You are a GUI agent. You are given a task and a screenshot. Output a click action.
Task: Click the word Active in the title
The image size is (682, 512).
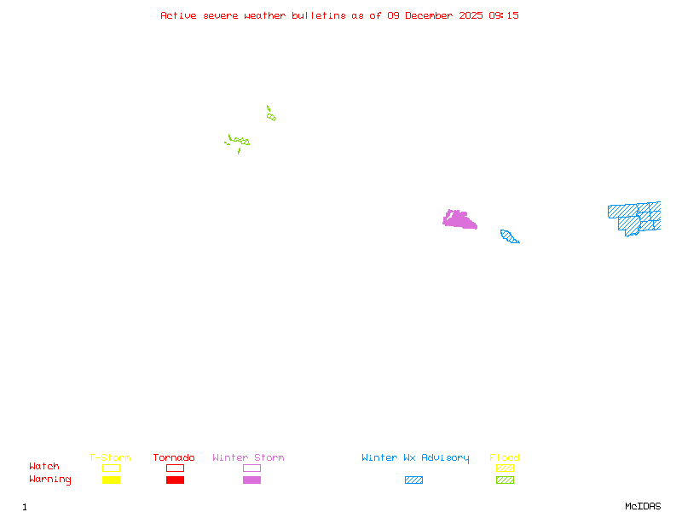pos(179,15)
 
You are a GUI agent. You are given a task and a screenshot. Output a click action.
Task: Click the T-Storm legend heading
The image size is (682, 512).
pos(110,458)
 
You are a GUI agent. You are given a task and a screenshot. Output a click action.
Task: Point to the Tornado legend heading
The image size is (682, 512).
pos(174,458)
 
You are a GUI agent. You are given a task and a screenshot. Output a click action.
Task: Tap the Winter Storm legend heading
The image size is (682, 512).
pos(248,458)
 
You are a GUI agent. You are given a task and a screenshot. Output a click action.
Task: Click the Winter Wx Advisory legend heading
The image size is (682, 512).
pos(415,458)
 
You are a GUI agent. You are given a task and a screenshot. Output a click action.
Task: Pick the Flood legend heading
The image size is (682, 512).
pos(505,458)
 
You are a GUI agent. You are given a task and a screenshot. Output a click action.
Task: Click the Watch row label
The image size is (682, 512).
pos(44,467)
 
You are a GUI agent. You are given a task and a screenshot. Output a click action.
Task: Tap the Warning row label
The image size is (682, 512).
pos(50,480)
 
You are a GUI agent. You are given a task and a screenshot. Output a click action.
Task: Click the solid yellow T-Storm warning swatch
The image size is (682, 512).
pos(111,480)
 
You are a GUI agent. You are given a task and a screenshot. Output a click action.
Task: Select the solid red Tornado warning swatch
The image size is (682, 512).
pos(175,480)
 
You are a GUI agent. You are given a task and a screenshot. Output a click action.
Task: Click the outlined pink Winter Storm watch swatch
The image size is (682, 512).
pos(251,468)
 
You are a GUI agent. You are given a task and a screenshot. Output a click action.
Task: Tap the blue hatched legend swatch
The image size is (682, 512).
pos(413,480)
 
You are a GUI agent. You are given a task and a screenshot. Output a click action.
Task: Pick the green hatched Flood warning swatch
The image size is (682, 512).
pos(505,480)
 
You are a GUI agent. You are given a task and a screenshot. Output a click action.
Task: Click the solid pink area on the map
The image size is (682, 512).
pos(459,220)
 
